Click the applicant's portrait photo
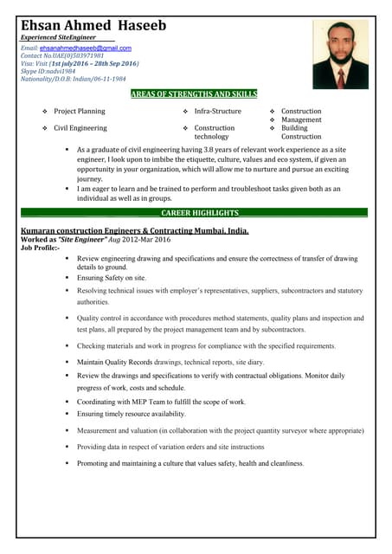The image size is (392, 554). pos(340,54)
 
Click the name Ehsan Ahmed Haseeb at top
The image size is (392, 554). pos(93,26)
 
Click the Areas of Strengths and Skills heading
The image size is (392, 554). pos(194,93)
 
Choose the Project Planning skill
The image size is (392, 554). pos(79,112)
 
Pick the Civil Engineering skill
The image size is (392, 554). pos(80,128)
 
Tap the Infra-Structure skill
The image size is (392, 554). pos(217,112)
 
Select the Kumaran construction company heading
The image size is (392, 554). pos(133,231)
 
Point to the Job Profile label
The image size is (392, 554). pos(40,248)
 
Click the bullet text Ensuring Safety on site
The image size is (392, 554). pos(112,278)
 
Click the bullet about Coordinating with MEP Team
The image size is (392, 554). pos(161,402)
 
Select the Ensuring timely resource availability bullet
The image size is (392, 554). pos(131,415)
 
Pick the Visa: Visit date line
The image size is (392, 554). pos(79,64)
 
